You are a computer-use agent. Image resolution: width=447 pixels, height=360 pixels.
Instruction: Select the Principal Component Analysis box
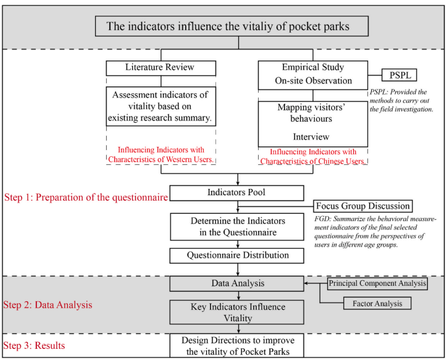pyautogui.click(x=378, y=283)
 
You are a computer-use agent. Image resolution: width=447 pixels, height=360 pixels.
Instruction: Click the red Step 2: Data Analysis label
pyautogui.click(x=48, y=304)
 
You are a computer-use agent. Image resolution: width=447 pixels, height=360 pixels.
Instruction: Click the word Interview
pyautogui.click(x=312, y=137)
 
